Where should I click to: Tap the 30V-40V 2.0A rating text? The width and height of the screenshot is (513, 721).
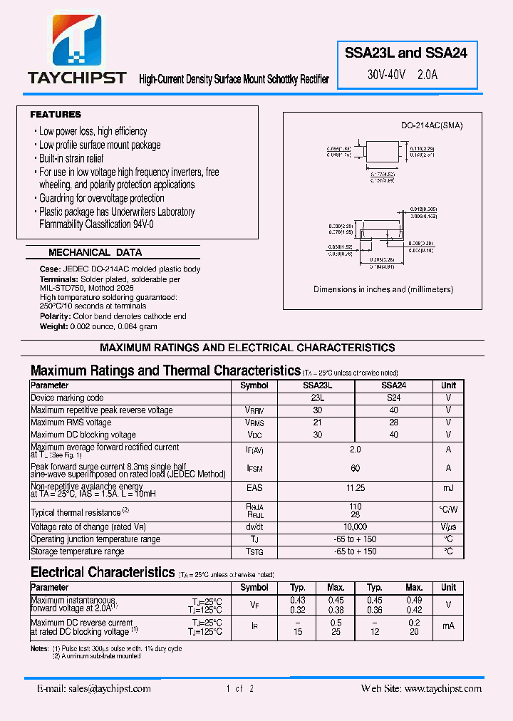(403, 74)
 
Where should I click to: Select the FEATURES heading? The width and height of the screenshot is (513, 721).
(56, 115)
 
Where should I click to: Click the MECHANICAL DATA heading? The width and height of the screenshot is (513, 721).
(95, 252)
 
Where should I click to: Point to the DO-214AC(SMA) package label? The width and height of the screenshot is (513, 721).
(432, 125)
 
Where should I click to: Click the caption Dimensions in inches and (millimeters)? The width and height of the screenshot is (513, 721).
(383, 289)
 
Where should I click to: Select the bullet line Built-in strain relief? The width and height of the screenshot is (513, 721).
(71, 158)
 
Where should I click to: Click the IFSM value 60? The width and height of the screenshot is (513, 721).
(356, 468)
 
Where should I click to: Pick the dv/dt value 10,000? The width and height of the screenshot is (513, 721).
(356, 527)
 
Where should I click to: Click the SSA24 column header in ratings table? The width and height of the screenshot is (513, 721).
(394, 385)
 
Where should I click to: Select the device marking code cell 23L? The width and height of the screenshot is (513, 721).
(318, 398)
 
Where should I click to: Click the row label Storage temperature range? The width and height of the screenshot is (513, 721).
(78, 551)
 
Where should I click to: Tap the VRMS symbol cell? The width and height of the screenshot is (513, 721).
(254, 422)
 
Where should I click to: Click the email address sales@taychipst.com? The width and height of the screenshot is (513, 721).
(94, 688)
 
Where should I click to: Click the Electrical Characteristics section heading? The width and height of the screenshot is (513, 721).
(103, 572)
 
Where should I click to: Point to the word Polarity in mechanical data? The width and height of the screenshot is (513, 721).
(55, 316)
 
